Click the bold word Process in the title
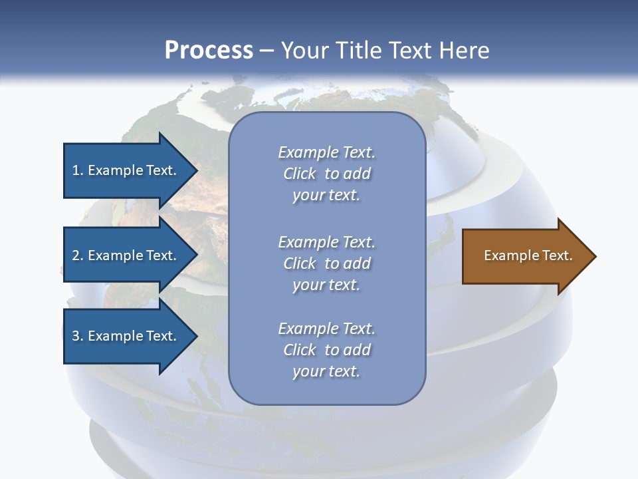tap(209, 50)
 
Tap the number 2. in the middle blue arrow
tap(77, 255)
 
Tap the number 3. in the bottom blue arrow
tap(77, 336)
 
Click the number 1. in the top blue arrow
tap(77, 170)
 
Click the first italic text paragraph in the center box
tap(326, 174)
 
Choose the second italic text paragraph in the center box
tap(326, 263)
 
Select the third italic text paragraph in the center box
tap(326, 350)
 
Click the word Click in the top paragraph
tap(300, 174)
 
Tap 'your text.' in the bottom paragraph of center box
tap(326, 371)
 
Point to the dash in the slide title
tap(266, 51)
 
